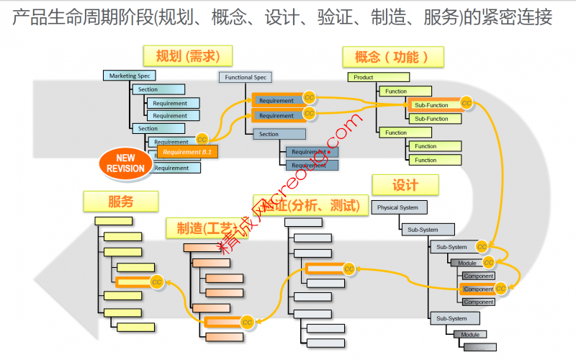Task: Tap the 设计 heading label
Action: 405,185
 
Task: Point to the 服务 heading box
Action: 120,202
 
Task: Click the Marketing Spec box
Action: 130,76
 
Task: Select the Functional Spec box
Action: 246,77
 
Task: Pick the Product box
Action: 374,77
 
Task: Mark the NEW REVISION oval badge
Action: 126,163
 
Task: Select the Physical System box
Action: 399,207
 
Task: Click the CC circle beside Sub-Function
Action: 467,103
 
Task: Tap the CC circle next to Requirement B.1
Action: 202,139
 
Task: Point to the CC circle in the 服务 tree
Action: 156,282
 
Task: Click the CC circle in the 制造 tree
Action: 246,321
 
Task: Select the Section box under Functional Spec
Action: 278,134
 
